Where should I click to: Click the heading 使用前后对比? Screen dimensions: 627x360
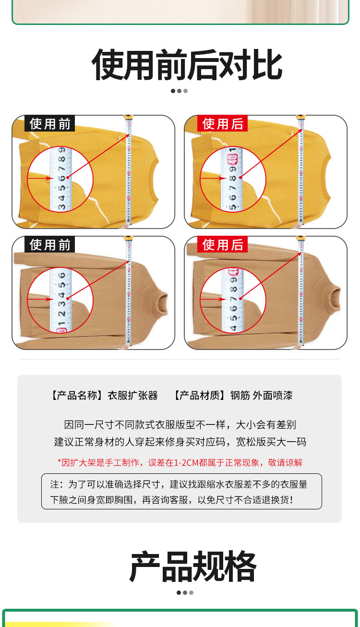187,64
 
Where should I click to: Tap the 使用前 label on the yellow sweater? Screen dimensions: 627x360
50,124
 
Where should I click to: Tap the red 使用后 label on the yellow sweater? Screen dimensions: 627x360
222,124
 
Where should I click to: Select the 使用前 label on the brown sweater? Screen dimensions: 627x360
50,245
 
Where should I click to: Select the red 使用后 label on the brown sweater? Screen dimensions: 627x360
222,245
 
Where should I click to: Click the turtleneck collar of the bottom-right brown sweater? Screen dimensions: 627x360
332,292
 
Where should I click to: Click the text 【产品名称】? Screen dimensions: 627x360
77,396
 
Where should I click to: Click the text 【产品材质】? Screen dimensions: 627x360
199,396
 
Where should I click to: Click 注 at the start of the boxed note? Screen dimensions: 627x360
54,484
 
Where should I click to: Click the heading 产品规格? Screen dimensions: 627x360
192,567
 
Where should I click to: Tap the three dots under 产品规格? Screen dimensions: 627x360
185,592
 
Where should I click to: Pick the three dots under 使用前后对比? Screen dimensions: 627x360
179,91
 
